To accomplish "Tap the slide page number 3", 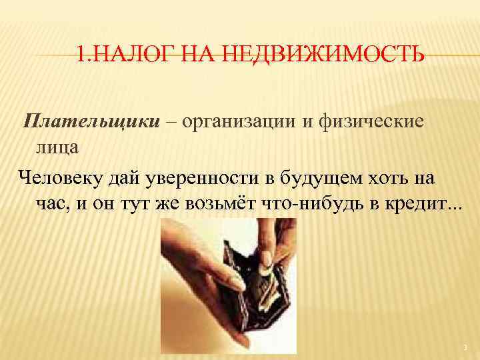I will click(x=465, y=347).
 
